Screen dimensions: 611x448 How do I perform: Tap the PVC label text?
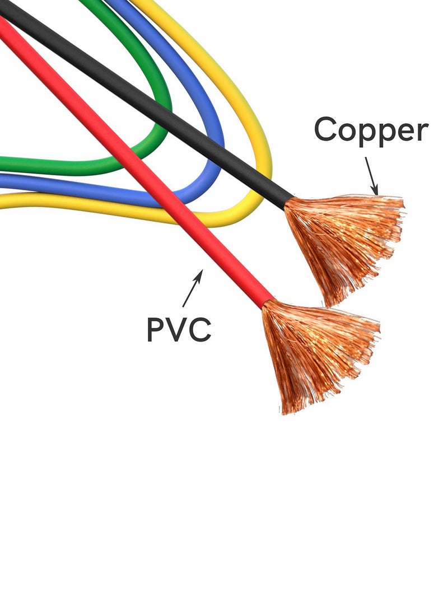coord(179,329)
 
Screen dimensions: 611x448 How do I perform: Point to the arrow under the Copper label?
coord(372,175)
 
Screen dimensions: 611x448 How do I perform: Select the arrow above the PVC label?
coord(193,288)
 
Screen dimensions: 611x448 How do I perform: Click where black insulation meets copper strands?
coord(289,203)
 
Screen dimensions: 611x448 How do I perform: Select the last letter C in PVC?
coord(199,329)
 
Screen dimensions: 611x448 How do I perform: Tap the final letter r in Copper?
coord(423,132)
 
